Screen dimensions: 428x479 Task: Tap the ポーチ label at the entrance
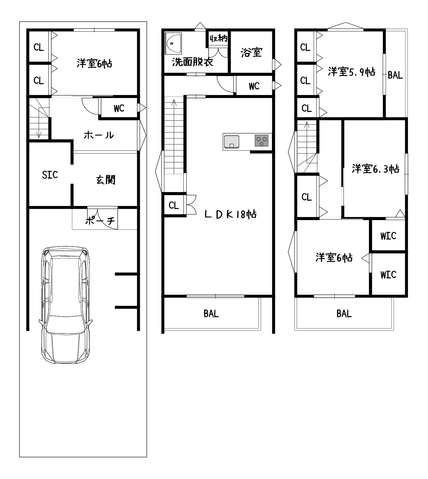pos(100,221)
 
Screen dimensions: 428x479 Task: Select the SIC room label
pos(50,175)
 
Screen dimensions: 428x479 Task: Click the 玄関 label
pos(106,180)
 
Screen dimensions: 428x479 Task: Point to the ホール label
pos(99,135)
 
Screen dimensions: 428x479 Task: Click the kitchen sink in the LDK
pos(231,142)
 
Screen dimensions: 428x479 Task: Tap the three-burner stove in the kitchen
pos(261,141)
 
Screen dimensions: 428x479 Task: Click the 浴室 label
pos(252,52)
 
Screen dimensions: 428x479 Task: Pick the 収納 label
pos(219,38)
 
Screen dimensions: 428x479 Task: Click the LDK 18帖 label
pos(231,214)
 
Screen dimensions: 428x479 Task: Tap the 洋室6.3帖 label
pos(375,169)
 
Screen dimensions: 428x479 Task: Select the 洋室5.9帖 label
pos(351,72)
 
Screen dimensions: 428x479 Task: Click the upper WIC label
pos(388,236)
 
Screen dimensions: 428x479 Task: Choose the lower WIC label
pos(388,275)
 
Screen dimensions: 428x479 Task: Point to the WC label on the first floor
pos(119,109)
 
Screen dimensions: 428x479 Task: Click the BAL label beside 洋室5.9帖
pos(395,75)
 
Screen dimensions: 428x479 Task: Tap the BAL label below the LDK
pos(211,314)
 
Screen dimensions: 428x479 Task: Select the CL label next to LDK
pos(174,206)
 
